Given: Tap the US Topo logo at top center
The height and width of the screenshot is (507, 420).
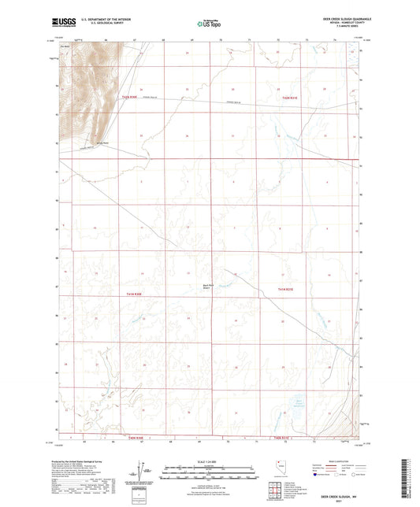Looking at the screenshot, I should point(207,25).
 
